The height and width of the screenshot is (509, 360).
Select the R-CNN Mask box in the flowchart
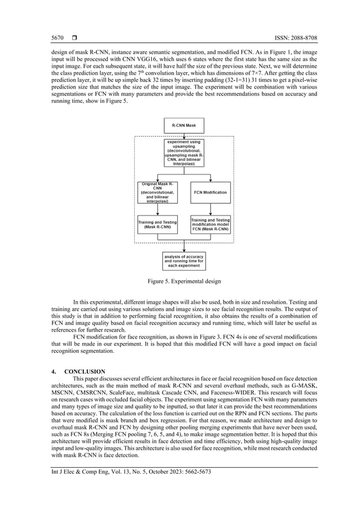tap(185, 125)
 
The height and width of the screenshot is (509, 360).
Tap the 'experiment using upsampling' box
tap(185, 153)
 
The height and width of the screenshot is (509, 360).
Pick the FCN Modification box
tap(210, 192)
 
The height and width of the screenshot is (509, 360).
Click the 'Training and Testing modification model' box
tap(210, 225)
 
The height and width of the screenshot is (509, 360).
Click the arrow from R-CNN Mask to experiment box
tap(185, 136)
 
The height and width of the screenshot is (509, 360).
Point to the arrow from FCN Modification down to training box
tap(210, 209)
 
